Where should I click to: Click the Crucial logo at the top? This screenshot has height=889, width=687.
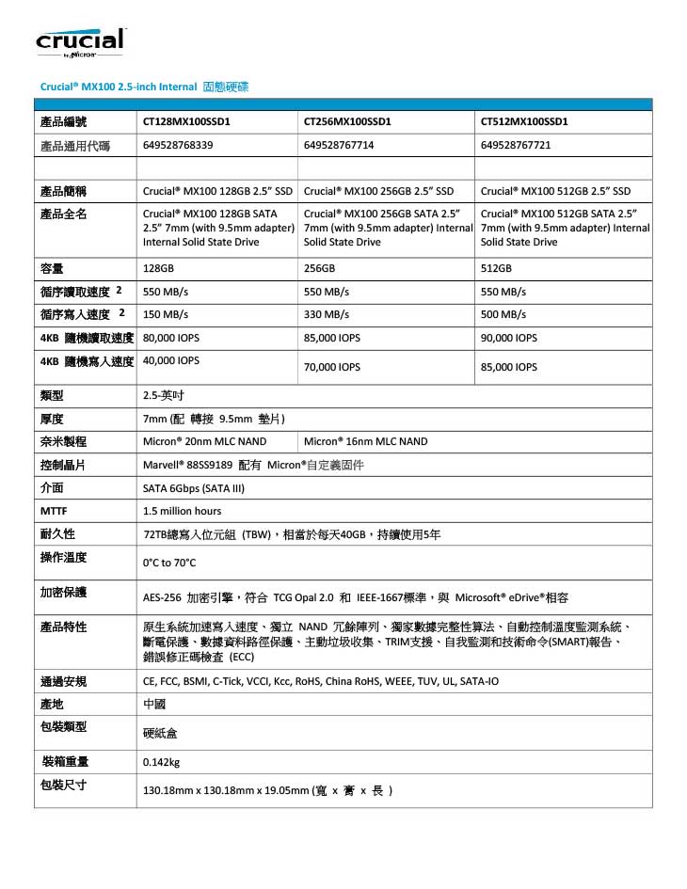(80, 42)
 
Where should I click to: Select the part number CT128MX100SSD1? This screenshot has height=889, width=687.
(186, 121)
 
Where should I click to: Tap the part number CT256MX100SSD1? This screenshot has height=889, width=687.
(347, 121)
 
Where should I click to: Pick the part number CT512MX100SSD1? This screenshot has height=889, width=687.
(523, 121)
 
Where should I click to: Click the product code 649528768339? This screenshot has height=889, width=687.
(178, 145)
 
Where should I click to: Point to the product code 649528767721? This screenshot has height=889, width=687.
(515, 145)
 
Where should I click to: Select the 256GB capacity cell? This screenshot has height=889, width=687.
(320, 268)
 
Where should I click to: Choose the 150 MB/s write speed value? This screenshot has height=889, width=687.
(165, 314)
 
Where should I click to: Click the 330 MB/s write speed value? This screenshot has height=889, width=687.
(327, 314)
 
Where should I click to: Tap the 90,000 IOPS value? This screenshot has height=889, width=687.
(508, 338)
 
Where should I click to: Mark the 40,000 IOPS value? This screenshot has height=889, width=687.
(170, 360)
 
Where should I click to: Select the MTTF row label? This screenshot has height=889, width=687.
(53, 511)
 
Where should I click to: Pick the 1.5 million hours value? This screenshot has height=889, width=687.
(182, 511)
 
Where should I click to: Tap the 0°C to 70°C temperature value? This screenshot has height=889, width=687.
(169, 564)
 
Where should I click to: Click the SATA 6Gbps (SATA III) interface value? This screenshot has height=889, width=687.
(193, 488)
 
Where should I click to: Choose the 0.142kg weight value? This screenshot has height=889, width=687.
(161, 762)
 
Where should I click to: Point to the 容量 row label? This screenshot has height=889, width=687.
(52, 268)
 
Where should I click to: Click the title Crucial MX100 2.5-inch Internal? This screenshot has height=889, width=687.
(118, 87)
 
